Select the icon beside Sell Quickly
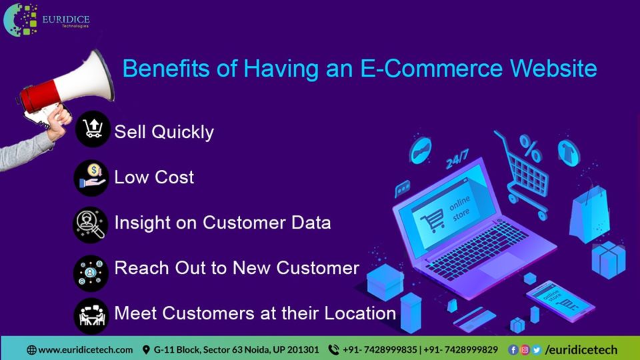coord(92,130)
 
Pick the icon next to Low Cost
coord(91,177)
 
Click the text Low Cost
coord(154,177)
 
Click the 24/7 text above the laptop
coord(457,161)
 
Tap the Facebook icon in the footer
coord(513,349)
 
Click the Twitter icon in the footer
coord(536,349)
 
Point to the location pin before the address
coord(146,349)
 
